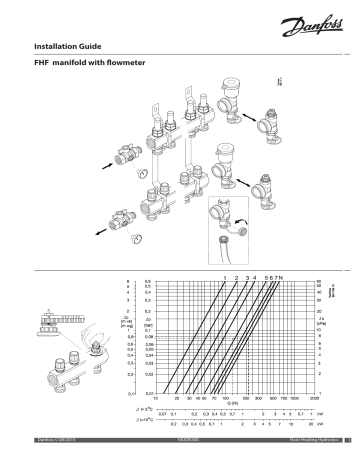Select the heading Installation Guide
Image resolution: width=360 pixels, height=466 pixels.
point(69,46)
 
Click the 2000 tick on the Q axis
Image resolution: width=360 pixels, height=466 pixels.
point(314,396)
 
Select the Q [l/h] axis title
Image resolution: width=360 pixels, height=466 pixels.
point(233,403)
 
